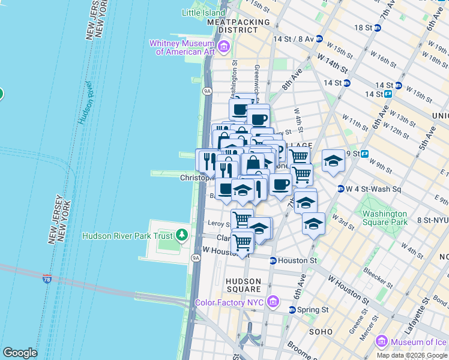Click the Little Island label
pos(200,12)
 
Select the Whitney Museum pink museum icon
pos(224,46)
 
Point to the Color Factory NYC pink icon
pos(274,300)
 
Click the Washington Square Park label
pos(385,218)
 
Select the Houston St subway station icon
pos(273,261)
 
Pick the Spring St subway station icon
pos(292,310)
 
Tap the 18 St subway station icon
pos(378,28)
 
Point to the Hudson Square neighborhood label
pos(243,285)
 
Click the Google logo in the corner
pos(20,352)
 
